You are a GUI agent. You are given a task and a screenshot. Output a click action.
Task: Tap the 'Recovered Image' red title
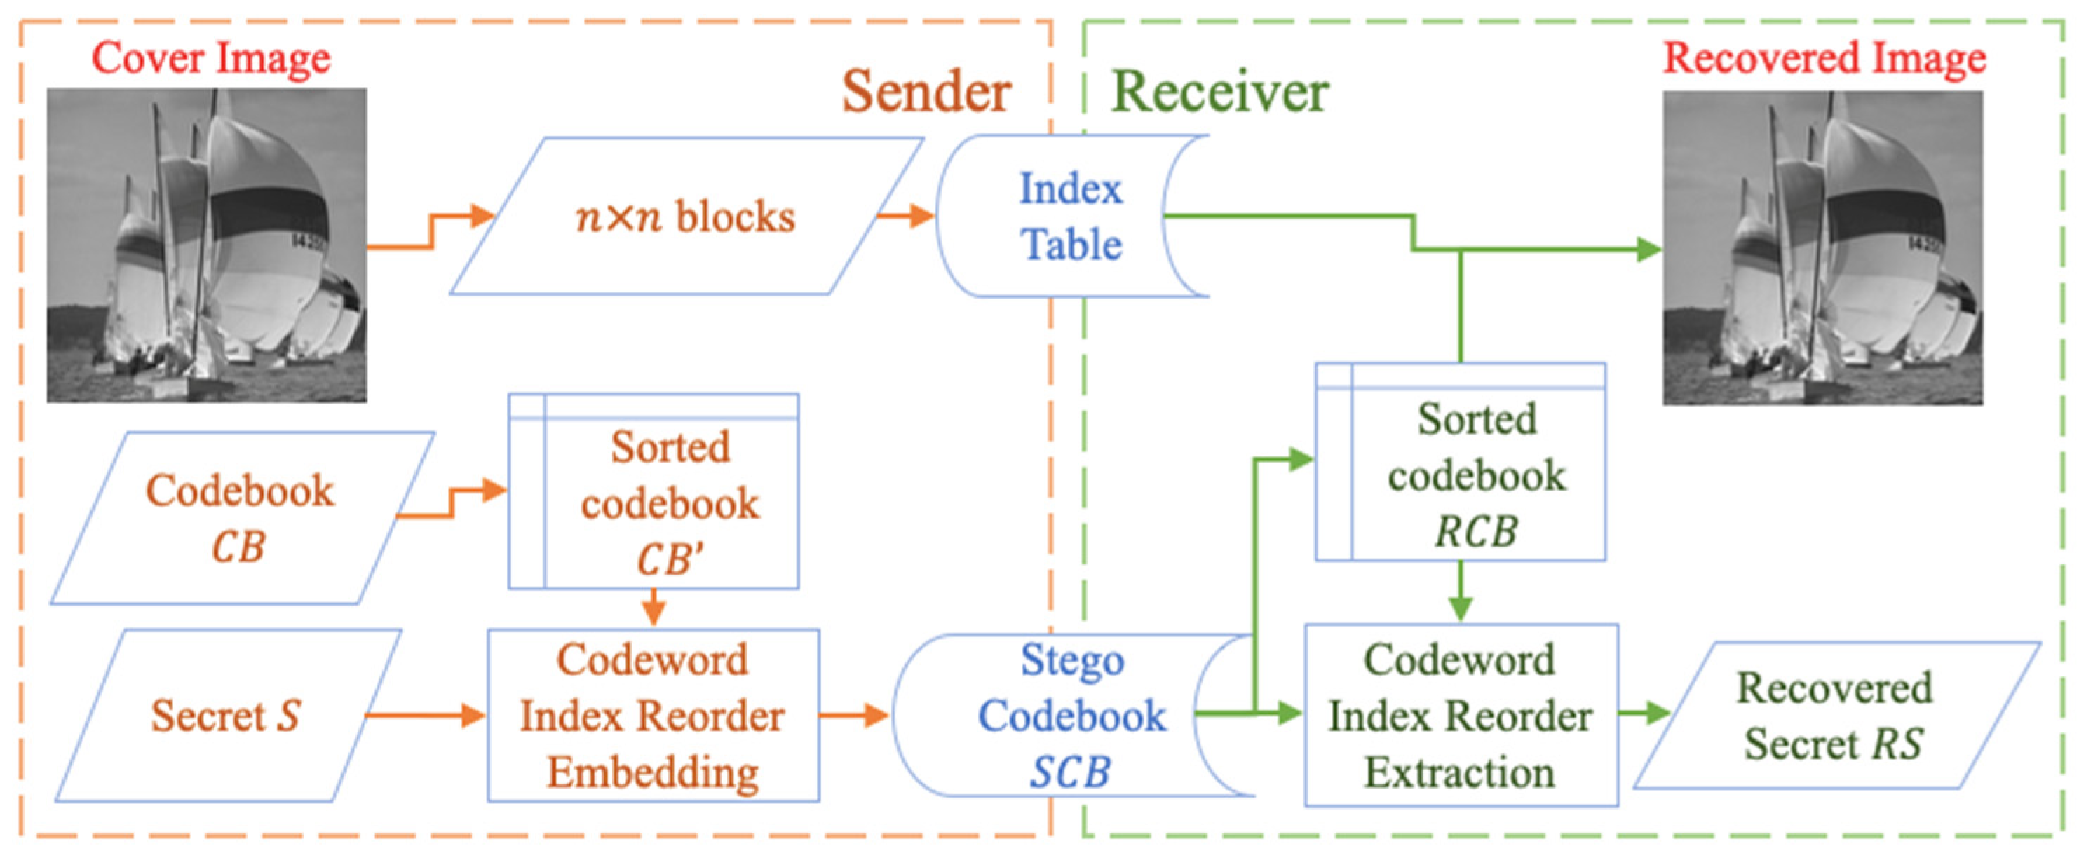(x=1824, y=58)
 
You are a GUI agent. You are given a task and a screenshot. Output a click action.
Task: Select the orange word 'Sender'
(x=926, y=91)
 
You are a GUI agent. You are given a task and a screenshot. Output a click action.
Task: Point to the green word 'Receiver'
(x=1219, y=91)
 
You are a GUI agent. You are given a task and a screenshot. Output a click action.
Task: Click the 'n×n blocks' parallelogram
(x=686, y=217)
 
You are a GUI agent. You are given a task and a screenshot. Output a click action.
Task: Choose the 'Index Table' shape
(x=1070, y=217)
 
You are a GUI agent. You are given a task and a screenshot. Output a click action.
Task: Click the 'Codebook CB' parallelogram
(x=241, y=517)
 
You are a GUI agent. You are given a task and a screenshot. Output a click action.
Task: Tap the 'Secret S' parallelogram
(x=226, y=715)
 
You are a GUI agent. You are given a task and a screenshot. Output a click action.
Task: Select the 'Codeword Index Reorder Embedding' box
(x=653, y=715)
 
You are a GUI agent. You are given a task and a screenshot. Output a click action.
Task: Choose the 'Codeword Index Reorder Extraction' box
(x=1460, y=715)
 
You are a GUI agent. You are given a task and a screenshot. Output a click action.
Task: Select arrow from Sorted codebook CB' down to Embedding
(x=654, y=607)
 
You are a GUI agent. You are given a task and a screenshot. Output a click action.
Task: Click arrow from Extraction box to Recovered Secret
(x=1643, y=713)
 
